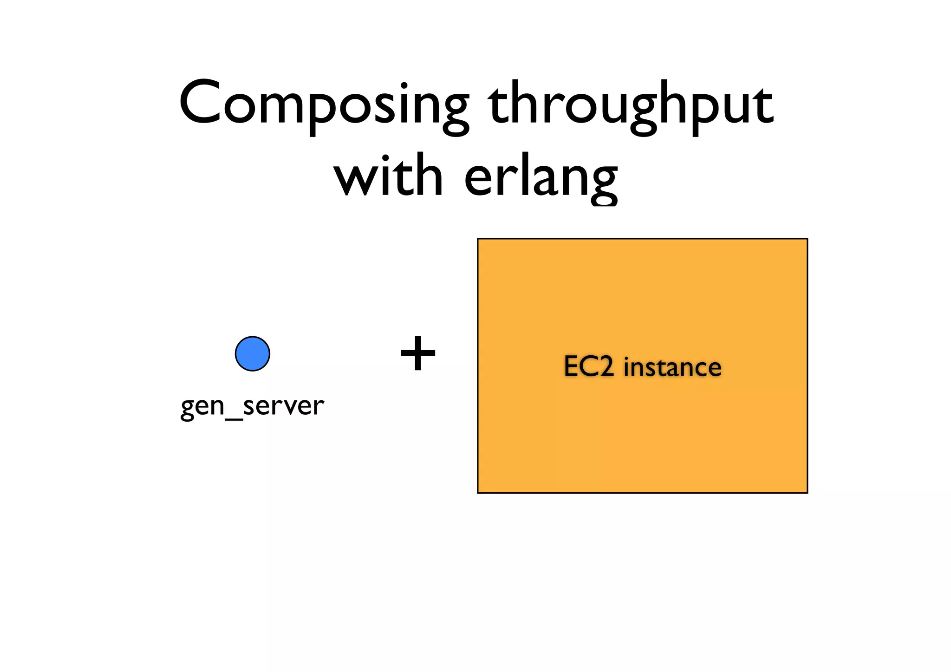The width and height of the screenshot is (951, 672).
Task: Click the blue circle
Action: (253, 354)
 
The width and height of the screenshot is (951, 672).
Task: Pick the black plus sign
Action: (418, 354)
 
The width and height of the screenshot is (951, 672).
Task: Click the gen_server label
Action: (252, 405)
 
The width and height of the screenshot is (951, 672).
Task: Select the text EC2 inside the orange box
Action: (589, 367)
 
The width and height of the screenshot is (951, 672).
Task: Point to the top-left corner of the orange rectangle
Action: (478, 239)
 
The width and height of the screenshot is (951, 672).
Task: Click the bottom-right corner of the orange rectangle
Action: (807, 492)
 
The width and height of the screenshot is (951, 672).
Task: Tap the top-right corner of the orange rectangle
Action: (807, 239)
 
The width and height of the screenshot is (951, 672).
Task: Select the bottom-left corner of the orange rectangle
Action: (478, 492)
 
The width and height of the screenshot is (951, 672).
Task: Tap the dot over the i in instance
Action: (626, 358)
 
